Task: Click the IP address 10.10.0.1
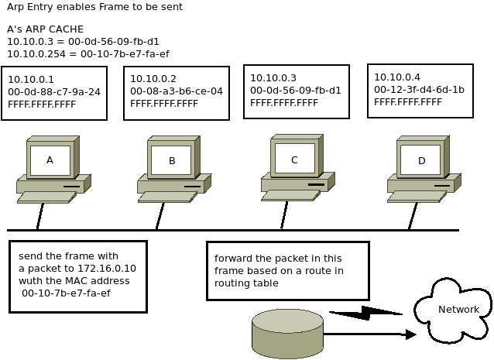[31, 79]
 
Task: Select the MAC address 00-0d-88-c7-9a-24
[54, 91]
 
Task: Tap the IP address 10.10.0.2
[153, 78]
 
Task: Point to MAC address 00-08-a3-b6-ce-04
[177, 91]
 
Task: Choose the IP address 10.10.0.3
[273, 77]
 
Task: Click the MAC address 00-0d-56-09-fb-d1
[296, 90]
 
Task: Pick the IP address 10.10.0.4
[397, 77]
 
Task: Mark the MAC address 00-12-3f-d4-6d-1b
[420, 89]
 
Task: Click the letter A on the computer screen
[50, 160]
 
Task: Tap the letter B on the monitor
[172, 161]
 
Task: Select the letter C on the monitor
[294, 159]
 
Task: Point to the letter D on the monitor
[422, 161]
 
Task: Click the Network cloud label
[458, 310]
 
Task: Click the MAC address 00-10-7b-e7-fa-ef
[66, 293]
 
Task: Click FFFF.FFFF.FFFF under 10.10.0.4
[408, 101]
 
